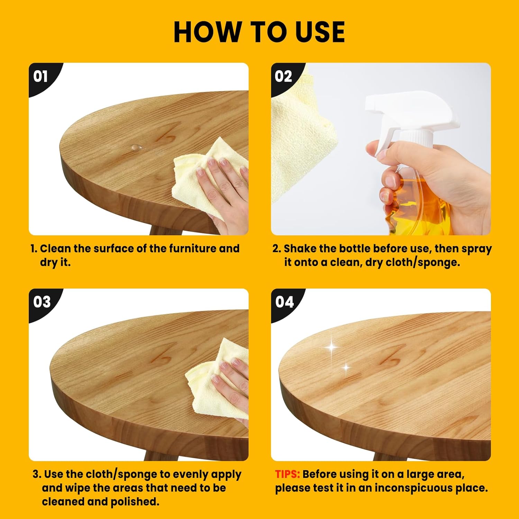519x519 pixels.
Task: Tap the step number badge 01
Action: click(40, 76)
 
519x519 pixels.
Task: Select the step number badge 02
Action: click(283, 76)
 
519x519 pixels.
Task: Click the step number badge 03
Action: click(42, 302)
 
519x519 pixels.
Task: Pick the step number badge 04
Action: click(284, 302)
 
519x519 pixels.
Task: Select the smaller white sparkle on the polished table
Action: click(346, 367)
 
